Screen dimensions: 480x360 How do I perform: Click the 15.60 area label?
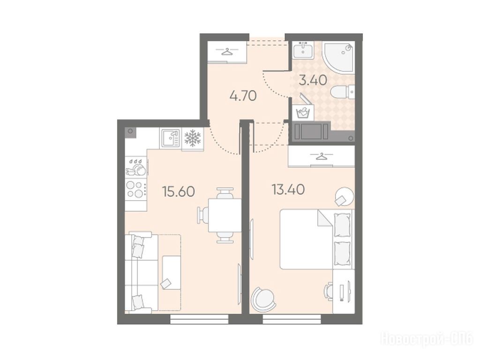tap(179, 192)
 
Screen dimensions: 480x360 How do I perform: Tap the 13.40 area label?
tap(288, 189)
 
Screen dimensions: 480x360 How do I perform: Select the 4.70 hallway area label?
tap(243, 96)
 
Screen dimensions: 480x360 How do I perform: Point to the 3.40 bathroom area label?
tap(313, 80)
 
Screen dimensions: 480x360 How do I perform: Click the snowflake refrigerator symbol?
tap(193, 138)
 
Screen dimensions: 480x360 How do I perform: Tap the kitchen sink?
tap(171, 138)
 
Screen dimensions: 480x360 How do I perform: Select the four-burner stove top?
tap(135, 189)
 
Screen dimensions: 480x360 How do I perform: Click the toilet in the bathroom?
tap(343, 91)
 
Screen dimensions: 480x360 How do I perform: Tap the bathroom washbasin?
tap(303, 50)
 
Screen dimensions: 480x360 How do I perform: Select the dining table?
tap(225, 215)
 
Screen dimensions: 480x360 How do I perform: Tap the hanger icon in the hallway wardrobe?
tap(227, 52)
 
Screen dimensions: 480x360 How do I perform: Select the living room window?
tap(199, 319)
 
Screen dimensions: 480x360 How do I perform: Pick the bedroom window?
tap(292, 319)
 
